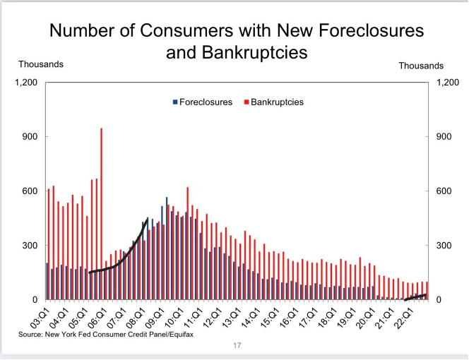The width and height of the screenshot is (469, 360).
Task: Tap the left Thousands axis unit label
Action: [x=40, y=64]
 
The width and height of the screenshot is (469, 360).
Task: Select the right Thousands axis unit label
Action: [x=421, y=66]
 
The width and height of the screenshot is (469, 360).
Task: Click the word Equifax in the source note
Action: [x=177, y=335]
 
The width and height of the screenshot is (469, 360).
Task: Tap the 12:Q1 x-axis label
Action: [x=212, y=313]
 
